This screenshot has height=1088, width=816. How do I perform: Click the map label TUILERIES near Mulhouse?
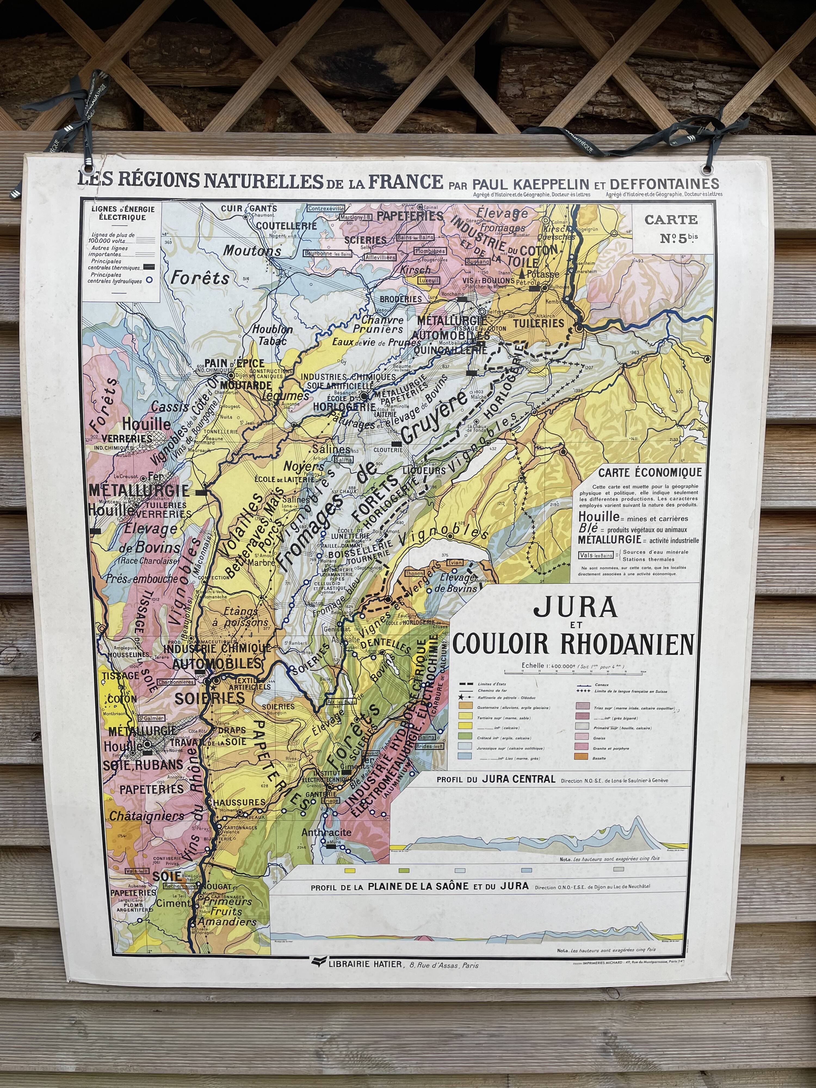(539, 323)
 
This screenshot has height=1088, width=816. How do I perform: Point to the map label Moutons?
(252, 250)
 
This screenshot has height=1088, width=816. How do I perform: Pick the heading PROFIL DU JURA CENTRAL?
(496, 780)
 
